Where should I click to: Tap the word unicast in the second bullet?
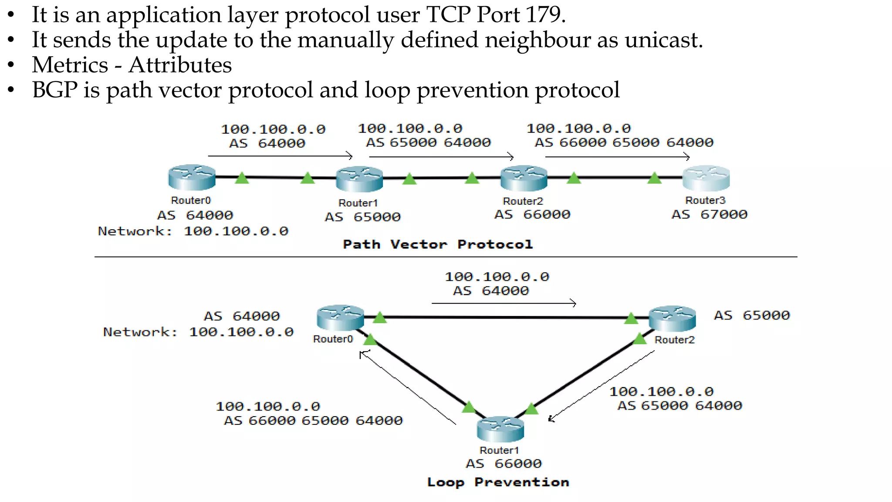point(664,40)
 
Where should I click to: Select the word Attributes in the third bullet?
point(180,65)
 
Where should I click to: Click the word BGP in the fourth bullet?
point(54,90)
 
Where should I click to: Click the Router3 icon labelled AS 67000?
point(706,178)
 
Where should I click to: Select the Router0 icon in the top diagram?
point(192,177)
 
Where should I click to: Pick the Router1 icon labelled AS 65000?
point(359,179)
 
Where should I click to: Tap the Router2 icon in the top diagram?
point(524,178)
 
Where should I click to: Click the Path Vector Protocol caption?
point(438,244)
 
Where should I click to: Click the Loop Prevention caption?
point(498,482)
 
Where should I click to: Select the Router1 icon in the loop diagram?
point(500,429)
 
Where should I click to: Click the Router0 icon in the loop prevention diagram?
point(340,318)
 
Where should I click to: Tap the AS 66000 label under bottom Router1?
point(503,464)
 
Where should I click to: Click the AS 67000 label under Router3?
point(709,214)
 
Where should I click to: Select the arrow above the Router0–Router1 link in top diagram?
point(280,156)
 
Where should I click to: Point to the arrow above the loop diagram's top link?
point(504,303)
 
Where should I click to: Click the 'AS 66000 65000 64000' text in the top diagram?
point(624,142)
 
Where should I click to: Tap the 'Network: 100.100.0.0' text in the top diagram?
point(193,231)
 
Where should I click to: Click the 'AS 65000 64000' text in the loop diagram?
point(679,406)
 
